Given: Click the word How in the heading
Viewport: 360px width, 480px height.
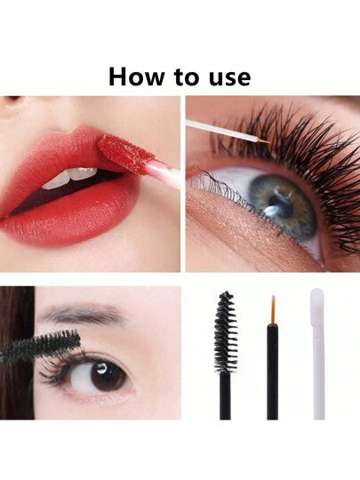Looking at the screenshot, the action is coord(137,76).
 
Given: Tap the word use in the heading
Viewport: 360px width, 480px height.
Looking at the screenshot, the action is coord(230,77).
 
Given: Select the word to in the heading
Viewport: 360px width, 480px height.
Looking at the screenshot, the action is coord(187,77).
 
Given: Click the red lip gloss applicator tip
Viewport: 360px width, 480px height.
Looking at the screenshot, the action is coord(125,152).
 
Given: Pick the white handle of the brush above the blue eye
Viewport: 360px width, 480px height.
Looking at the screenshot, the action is coord(220,131).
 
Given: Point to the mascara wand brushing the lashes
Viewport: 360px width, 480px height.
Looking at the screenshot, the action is coord(40,346).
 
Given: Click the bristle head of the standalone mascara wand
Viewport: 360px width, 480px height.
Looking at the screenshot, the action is coord(227,332).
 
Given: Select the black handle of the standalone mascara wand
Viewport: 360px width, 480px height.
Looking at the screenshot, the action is coord(225,396).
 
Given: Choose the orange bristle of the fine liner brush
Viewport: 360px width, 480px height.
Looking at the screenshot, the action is coord(273,310).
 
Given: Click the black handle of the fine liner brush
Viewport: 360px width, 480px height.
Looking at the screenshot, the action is coord(272,372).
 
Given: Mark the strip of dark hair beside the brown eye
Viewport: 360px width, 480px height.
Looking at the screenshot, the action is coord(17,353).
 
